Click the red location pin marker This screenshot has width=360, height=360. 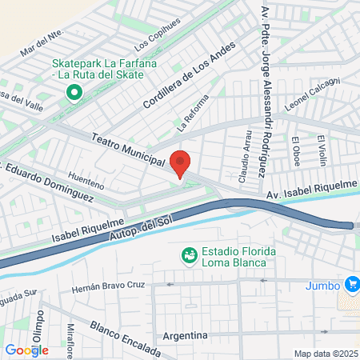(181, 162)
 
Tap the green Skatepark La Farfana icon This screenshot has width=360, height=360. (74, 94)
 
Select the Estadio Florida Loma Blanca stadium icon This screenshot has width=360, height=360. (190, 255)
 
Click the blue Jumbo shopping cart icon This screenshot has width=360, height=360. (351, 285)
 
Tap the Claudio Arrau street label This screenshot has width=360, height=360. (244, 150)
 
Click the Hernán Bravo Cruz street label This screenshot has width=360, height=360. (107, 286)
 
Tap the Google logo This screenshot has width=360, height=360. (26, 350)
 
